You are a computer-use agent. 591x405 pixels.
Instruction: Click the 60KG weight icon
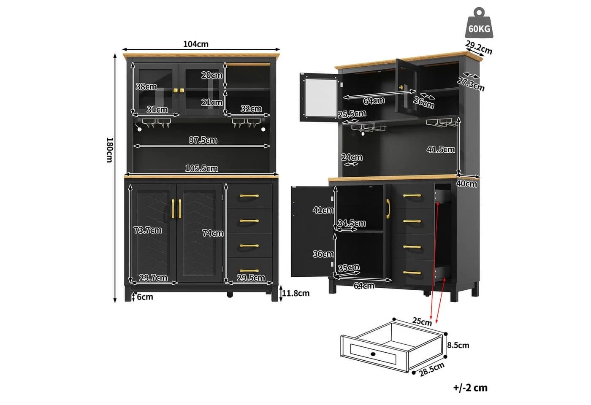pos(479,23)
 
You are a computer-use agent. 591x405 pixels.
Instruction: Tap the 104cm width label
pos(196,44)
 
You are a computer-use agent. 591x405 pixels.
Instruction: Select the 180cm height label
pos(109,150)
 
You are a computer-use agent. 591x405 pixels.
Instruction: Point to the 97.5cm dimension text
pos(203,140)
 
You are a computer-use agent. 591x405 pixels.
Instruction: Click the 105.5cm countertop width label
pos(202,168)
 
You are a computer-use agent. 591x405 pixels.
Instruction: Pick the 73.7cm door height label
pos(147,230)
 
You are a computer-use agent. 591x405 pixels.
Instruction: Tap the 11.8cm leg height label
pos(296,293)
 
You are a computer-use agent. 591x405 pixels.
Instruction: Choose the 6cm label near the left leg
pos(145,297)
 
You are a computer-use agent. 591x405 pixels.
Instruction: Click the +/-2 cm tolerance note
pos(470,388)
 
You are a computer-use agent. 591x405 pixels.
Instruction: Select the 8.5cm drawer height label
pos(458,345)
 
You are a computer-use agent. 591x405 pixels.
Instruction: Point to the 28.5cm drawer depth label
pos(432,369)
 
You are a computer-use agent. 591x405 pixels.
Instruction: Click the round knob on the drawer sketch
pos(373,354)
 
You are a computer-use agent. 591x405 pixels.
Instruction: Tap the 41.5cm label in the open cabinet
pos(441,149)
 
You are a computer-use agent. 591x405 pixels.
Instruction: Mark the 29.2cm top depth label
pos(479,47)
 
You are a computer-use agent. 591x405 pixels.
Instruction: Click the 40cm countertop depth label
pos(466,184)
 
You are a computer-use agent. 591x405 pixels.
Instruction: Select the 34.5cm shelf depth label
pos(352,223)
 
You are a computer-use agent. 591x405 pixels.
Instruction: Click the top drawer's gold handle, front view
pos(249,196)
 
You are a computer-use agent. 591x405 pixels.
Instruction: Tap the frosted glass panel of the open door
pos(321,97)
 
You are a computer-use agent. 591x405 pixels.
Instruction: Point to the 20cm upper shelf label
pos(212,75)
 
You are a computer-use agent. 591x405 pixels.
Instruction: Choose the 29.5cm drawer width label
pos(251,278)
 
